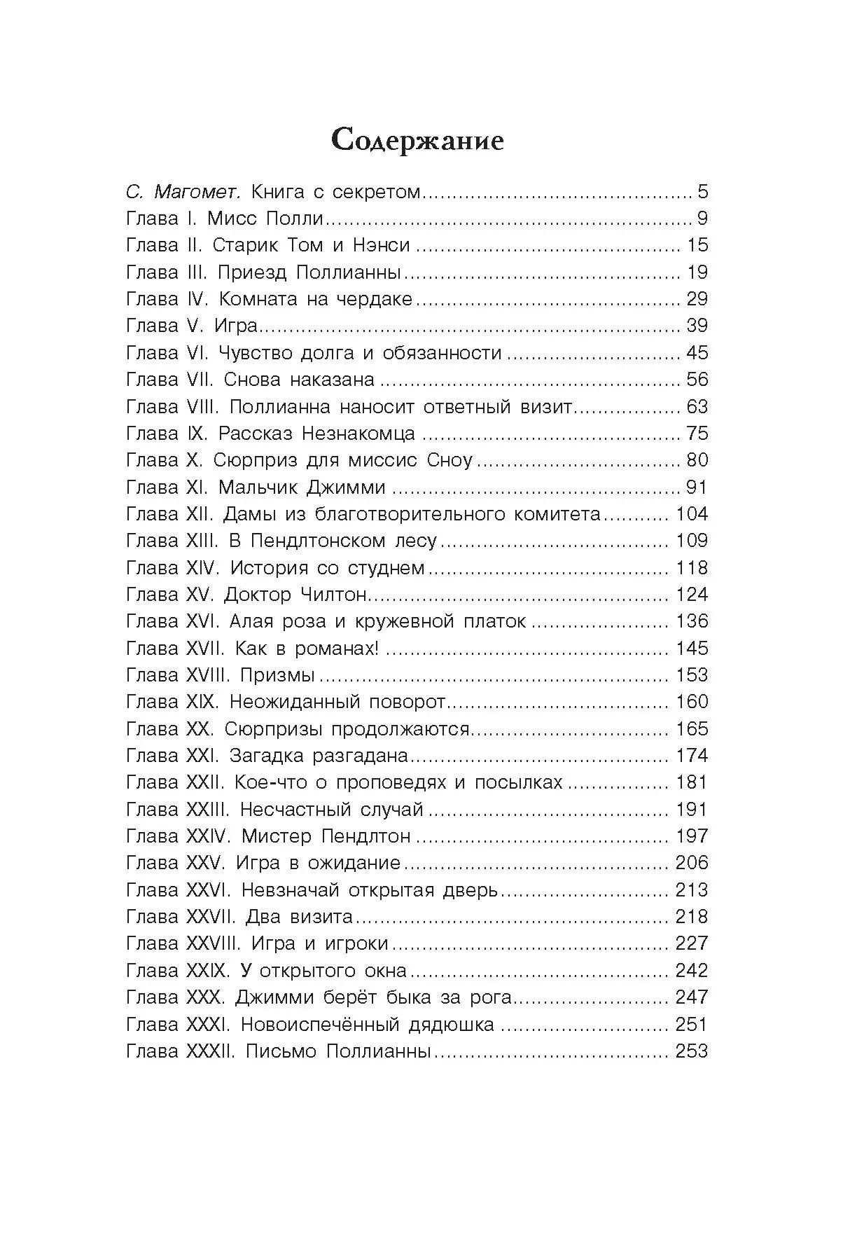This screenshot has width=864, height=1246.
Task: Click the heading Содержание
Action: [417, 140]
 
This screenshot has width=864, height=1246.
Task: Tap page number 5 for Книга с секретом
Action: [702, 191]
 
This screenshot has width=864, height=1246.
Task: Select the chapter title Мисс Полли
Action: [265, 219]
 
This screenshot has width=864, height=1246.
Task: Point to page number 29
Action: [697, 299]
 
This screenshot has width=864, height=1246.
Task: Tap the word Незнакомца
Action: [358, 434]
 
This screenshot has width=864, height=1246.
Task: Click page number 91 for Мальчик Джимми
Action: [697, 487]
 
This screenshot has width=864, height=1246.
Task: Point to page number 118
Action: [692, 567]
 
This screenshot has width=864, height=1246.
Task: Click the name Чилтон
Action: [333, 594]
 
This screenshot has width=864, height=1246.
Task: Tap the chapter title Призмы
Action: [277, 674]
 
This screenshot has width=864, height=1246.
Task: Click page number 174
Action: [692, 755]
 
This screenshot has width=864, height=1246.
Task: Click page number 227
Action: [692, 943]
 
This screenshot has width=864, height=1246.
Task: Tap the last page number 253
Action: [692, 1051]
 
